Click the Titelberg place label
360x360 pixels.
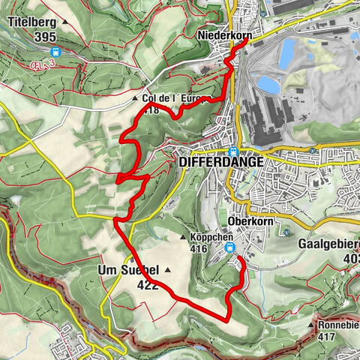point(33,22)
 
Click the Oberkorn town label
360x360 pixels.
point(247,221)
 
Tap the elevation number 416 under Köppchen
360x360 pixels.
point(199,249)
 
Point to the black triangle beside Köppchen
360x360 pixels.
point(183,238)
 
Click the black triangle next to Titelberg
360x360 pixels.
point(66,22)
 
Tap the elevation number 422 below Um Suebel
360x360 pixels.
point(147,284)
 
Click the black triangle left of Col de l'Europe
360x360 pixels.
point(135,98)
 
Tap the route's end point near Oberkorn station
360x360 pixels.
point(237,258)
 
